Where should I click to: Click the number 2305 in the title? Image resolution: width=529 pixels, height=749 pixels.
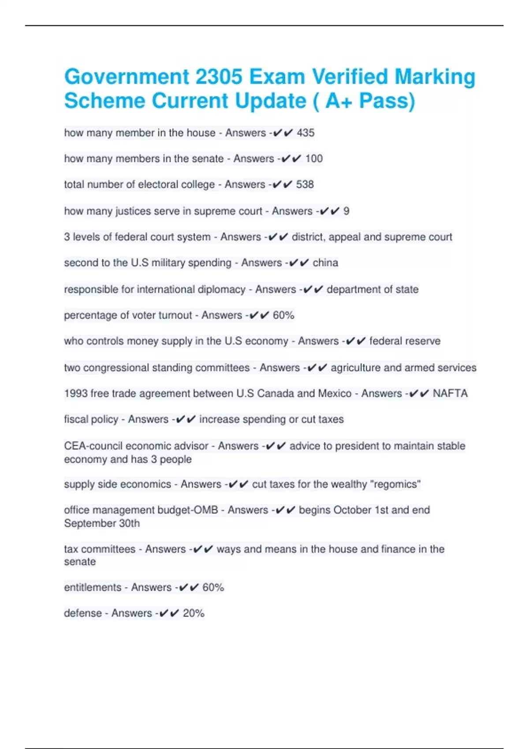219,77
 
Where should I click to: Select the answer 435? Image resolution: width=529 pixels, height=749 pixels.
305,133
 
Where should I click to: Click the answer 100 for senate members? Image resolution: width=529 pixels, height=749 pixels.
314,159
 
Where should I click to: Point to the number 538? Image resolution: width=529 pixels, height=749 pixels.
305,184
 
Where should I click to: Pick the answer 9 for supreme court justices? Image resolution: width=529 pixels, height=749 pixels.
346,211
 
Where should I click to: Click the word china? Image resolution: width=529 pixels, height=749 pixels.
325,263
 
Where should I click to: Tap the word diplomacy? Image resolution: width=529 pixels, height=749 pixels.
222,289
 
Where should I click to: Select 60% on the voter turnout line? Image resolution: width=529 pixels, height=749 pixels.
283,315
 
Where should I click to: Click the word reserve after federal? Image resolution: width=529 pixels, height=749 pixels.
420,341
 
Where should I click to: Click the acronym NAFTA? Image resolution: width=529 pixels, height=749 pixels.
450,393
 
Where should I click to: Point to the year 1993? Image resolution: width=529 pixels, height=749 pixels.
75,393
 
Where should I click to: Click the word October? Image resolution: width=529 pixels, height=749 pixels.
352,510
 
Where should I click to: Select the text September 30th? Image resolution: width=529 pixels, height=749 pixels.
102,523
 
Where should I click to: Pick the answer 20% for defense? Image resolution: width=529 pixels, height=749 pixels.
194,613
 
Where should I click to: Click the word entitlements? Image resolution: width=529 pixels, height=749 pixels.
93,587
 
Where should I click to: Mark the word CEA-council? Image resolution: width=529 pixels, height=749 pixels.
92,446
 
